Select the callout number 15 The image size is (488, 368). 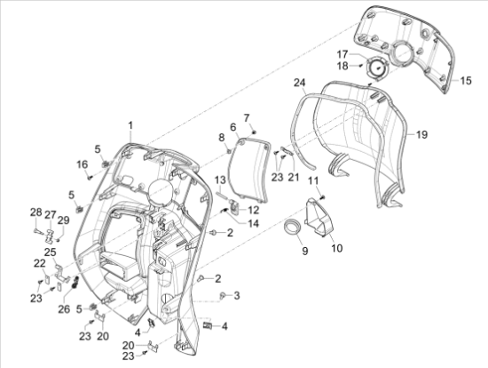[466, 80]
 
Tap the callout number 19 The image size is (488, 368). [421, 134]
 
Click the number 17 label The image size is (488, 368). [342, 53]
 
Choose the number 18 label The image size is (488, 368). [342, 66]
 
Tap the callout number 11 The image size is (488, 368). [312, 181]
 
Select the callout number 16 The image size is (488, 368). [82, 164]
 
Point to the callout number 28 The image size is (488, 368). [35, 212]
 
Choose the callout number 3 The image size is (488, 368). [236, 294]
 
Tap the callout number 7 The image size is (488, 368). [248, 118]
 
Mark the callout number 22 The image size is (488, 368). [40, 263]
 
